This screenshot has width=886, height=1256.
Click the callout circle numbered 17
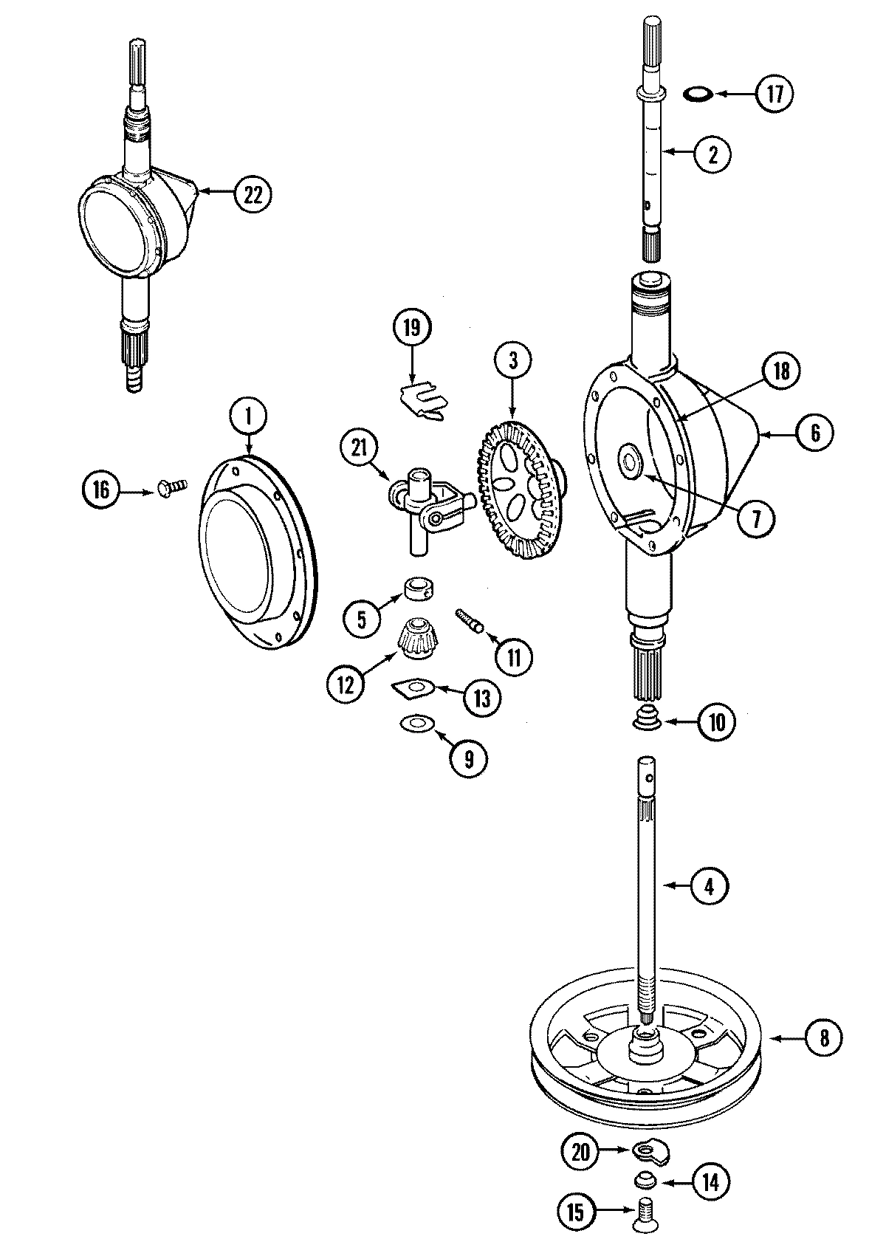(x=772, y=95)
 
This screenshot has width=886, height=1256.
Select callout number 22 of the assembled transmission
(x=253, y=194)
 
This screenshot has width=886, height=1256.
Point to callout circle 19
(x=412, y=328)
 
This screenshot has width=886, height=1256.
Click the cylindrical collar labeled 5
(x=417, y=591)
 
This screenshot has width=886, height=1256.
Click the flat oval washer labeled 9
(x=416, y=723)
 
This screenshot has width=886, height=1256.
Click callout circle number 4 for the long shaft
(x=709, y=885)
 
